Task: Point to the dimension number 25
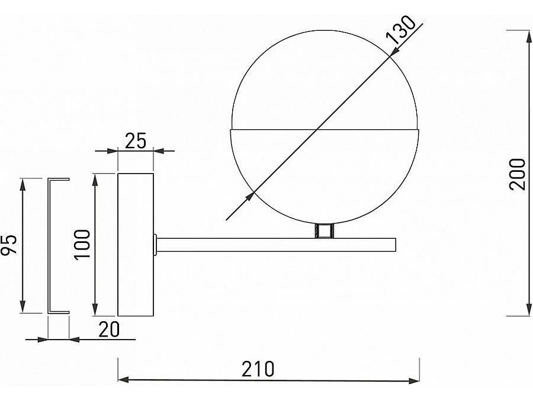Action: [x=136, y=140]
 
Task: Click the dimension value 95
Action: [x=9, y=245]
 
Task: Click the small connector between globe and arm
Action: [x=324, y=231]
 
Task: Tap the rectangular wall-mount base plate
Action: [x=136, y=244]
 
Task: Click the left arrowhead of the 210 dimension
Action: [x=123, y=380]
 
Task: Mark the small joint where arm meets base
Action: [x=155, y=244]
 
